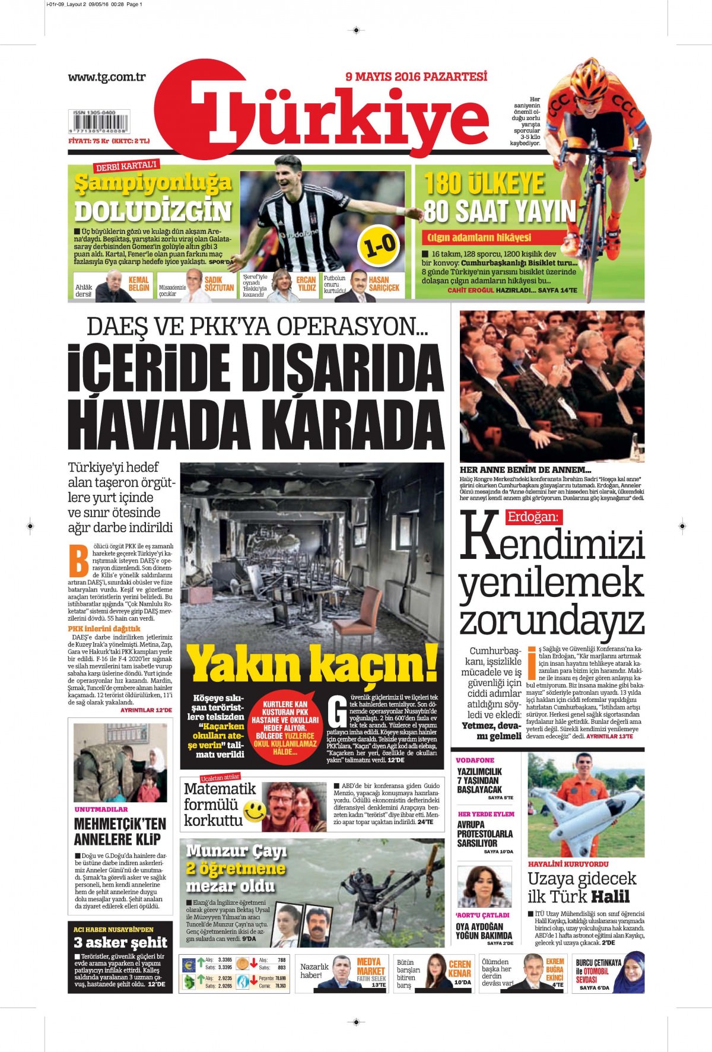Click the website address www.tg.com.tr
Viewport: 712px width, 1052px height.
(x=106, y=77)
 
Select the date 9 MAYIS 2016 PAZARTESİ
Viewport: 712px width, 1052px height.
(x=416, y=77)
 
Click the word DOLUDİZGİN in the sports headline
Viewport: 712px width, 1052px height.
(x=152, y=211)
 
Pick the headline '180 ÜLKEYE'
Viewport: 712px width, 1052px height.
(x=484, y=183)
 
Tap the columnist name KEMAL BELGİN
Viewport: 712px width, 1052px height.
(x=139, y=284)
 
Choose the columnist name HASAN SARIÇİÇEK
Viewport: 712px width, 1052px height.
(x=384, y=284)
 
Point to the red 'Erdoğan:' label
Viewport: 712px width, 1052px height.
(x=532, y=517)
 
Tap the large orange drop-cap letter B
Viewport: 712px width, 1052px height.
(x=78, y=560)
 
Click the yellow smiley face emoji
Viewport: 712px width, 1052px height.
(x=255, y=811)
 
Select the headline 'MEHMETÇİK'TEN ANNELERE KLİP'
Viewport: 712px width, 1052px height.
(x=120, y=831)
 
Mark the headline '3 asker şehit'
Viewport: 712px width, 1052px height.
(x=120, y=942)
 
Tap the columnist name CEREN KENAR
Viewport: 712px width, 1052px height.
(x=459, y=968)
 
